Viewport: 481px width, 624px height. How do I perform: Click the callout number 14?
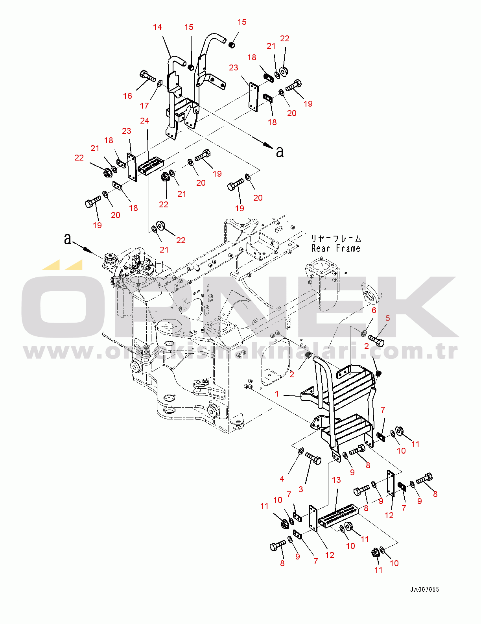(157, 27)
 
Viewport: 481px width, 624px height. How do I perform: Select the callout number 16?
(127, 96)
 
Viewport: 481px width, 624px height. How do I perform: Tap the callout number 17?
(144, 106)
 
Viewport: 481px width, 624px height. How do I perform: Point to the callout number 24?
(145, 121)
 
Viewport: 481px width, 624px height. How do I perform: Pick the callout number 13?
(336, 480)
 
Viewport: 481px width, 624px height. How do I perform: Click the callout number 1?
(277, 394)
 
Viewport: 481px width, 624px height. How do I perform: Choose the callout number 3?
(301, 489)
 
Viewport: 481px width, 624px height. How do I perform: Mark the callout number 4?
(282, 479)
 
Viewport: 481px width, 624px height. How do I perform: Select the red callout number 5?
(388, 318)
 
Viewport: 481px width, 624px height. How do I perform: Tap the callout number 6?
(374, 310)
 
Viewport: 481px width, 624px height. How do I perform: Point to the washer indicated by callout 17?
(160, 84)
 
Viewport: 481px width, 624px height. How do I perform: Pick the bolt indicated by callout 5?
(376, 340)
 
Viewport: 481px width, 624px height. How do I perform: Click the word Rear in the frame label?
(321, 249)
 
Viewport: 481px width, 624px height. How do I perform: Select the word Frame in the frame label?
(348, 249)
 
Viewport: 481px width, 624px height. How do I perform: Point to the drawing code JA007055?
(424, 589)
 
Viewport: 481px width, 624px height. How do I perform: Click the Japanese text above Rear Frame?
(336, 239)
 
